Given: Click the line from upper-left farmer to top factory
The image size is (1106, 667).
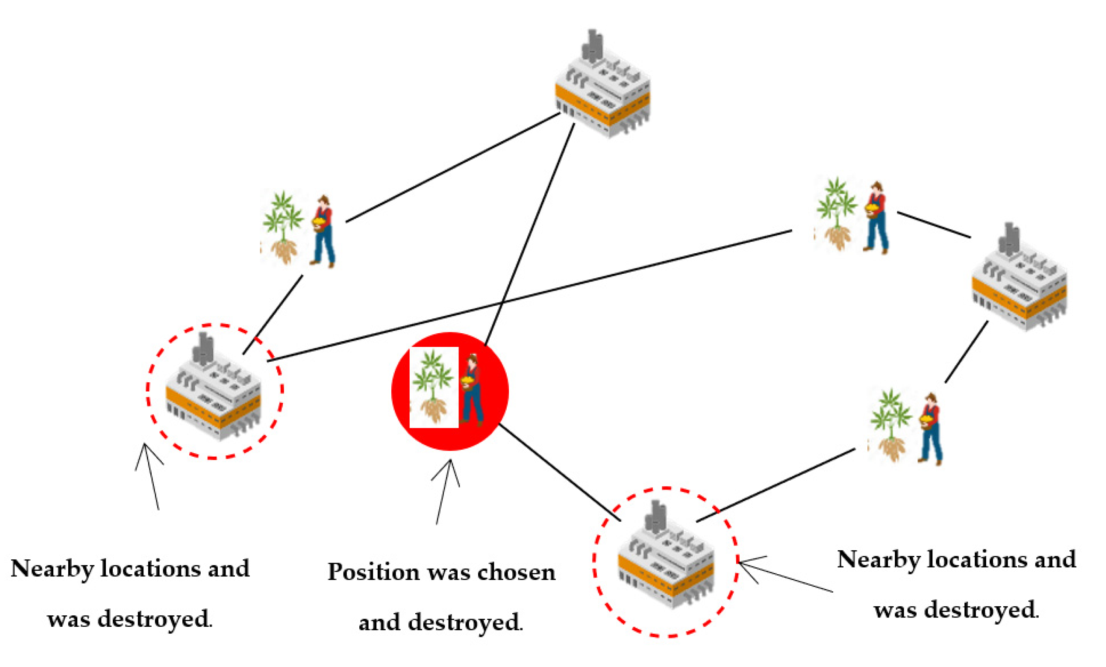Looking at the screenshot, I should point(453,167).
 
